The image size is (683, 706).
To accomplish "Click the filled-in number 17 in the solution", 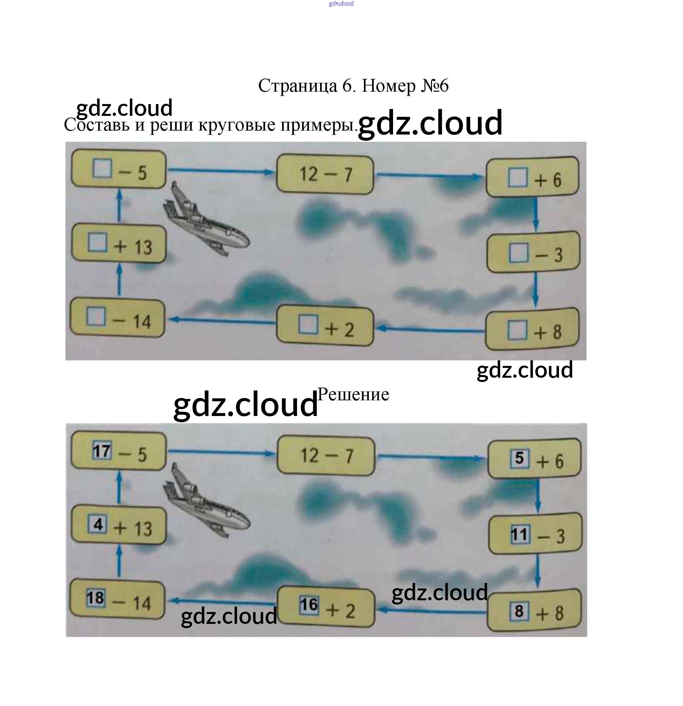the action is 101,451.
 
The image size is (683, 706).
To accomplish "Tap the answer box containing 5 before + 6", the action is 519,458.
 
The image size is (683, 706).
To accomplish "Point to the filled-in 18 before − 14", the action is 96,598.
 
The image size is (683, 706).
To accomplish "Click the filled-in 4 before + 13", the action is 98,524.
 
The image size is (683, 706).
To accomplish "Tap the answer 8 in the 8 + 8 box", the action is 519,610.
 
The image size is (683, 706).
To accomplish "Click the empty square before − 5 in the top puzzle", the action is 102,168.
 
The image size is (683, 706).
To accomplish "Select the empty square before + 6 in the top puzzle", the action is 518,177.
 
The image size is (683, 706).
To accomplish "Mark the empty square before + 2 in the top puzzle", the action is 308,324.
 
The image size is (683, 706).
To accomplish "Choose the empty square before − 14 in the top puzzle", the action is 96,316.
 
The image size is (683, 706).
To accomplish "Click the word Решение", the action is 353,394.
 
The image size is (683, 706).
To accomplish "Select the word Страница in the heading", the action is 297,86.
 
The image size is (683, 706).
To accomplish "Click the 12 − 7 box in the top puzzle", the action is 325,175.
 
